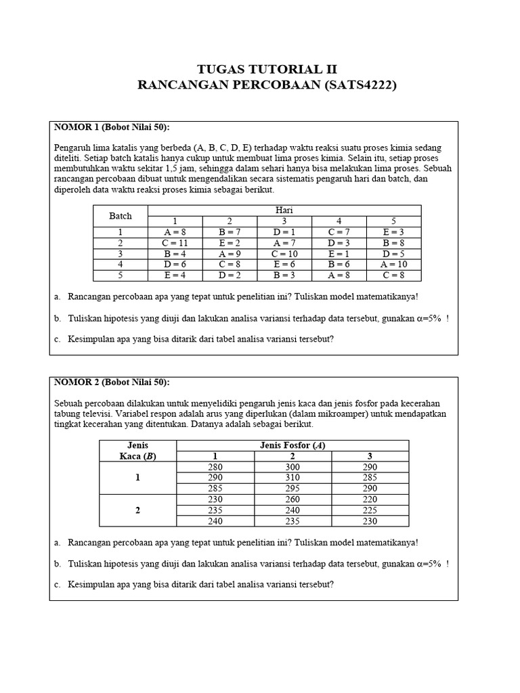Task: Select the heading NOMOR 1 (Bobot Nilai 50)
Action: [x=112, y=127]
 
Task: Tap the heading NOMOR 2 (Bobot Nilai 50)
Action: [x=112, y=382]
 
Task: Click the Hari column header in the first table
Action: [x=284, y=210]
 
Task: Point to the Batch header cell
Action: [x=121, y=216]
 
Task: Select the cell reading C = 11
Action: [x=175, y=243]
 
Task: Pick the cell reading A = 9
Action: [x=230, y=254]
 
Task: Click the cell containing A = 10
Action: [x=393, y=265]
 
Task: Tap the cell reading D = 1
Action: [x=284, y=232]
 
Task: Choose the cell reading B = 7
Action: [x=230, y=232]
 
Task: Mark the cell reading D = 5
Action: [x=393, y=254]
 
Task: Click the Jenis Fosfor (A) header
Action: [x=292, y=445]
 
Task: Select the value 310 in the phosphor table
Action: [x=292, y=477]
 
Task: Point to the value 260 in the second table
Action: [x=292, y=499]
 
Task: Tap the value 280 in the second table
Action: [x=215, y=466]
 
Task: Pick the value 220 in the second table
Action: [x=370, y=499]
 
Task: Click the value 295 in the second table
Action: [x=292, y=488]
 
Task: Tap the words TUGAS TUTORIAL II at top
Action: [x=266, y=70]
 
